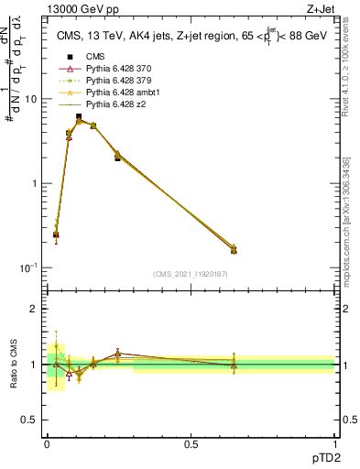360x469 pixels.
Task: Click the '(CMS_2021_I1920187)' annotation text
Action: pyautogui.click(x=191, y=274)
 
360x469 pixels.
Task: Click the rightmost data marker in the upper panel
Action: pyautogui.click(x=234, y=249)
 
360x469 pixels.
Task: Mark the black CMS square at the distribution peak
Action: pyautogui.click(x=79, y=117)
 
